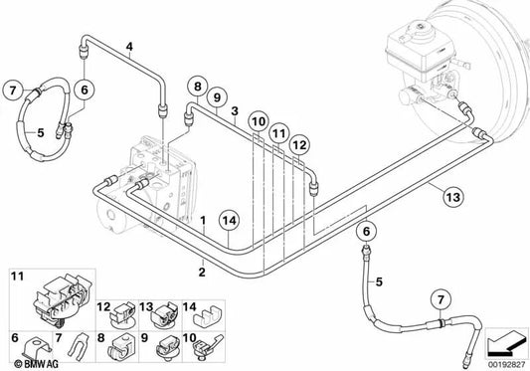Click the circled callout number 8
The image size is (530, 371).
tap(198, 87)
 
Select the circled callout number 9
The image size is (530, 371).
tap(217, 97)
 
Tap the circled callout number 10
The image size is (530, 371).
tap(259, 121)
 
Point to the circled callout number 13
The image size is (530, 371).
tap(452, 197)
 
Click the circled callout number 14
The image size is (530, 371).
tap(229, 221)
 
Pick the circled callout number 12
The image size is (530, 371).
tap(299, 145)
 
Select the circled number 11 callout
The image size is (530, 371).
tap(279, 133)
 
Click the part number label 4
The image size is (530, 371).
tap(129, 47)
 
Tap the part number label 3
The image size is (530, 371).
tap(235, 111)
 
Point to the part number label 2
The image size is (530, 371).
tap(202, 272)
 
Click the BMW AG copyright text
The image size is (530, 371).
tap(36, 364)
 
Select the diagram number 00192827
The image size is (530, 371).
tap(506, 365)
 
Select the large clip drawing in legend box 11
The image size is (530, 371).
tap(64, 300)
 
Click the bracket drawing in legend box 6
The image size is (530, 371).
tap(37, 349)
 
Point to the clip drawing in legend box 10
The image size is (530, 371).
tap(207, 347)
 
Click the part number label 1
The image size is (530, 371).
tap(203, 221)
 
